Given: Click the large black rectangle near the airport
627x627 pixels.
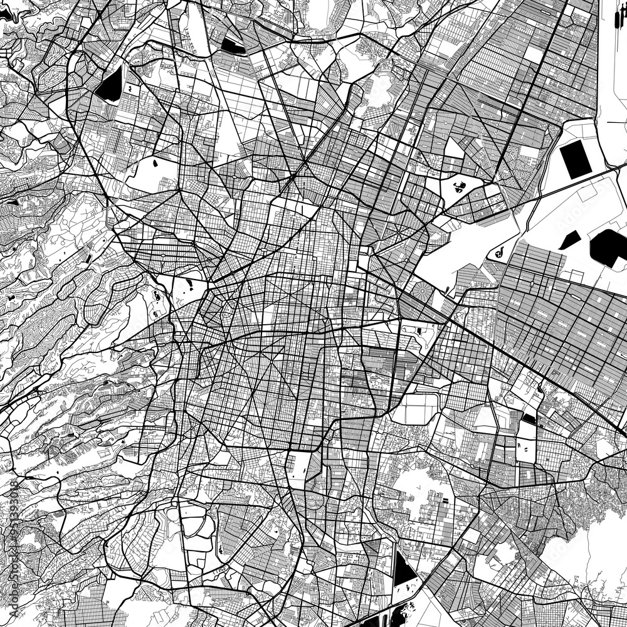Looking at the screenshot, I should tap(574, 159).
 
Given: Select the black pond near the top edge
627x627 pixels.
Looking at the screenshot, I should tap(233, 45).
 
